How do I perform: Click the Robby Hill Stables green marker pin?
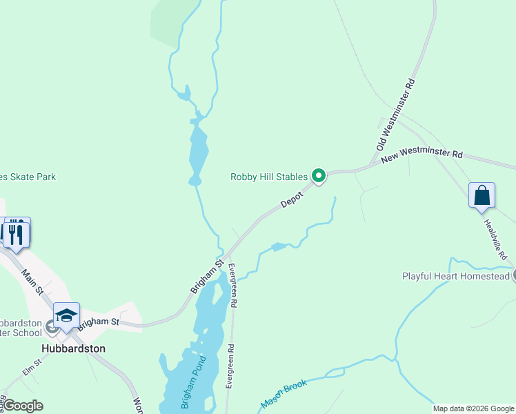click(x=318, y=177)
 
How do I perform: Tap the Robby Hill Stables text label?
click(x=268, y=177)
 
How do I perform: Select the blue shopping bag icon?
click(x=482, y=195)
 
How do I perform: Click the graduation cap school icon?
click(x=66, y=315)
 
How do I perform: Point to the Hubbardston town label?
click(x=73, y=348)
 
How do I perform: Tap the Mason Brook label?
click(x=284, y=393)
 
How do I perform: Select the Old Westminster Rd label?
click(x=396, y=115)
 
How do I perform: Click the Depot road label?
click(x=292, y=198)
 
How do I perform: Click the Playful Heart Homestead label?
click(x=455, y=277)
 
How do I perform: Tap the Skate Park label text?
click(x=28, y=177)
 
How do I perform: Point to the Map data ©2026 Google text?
click(x=473, y=408)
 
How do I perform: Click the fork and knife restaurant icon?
click(x=15, y=233)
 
